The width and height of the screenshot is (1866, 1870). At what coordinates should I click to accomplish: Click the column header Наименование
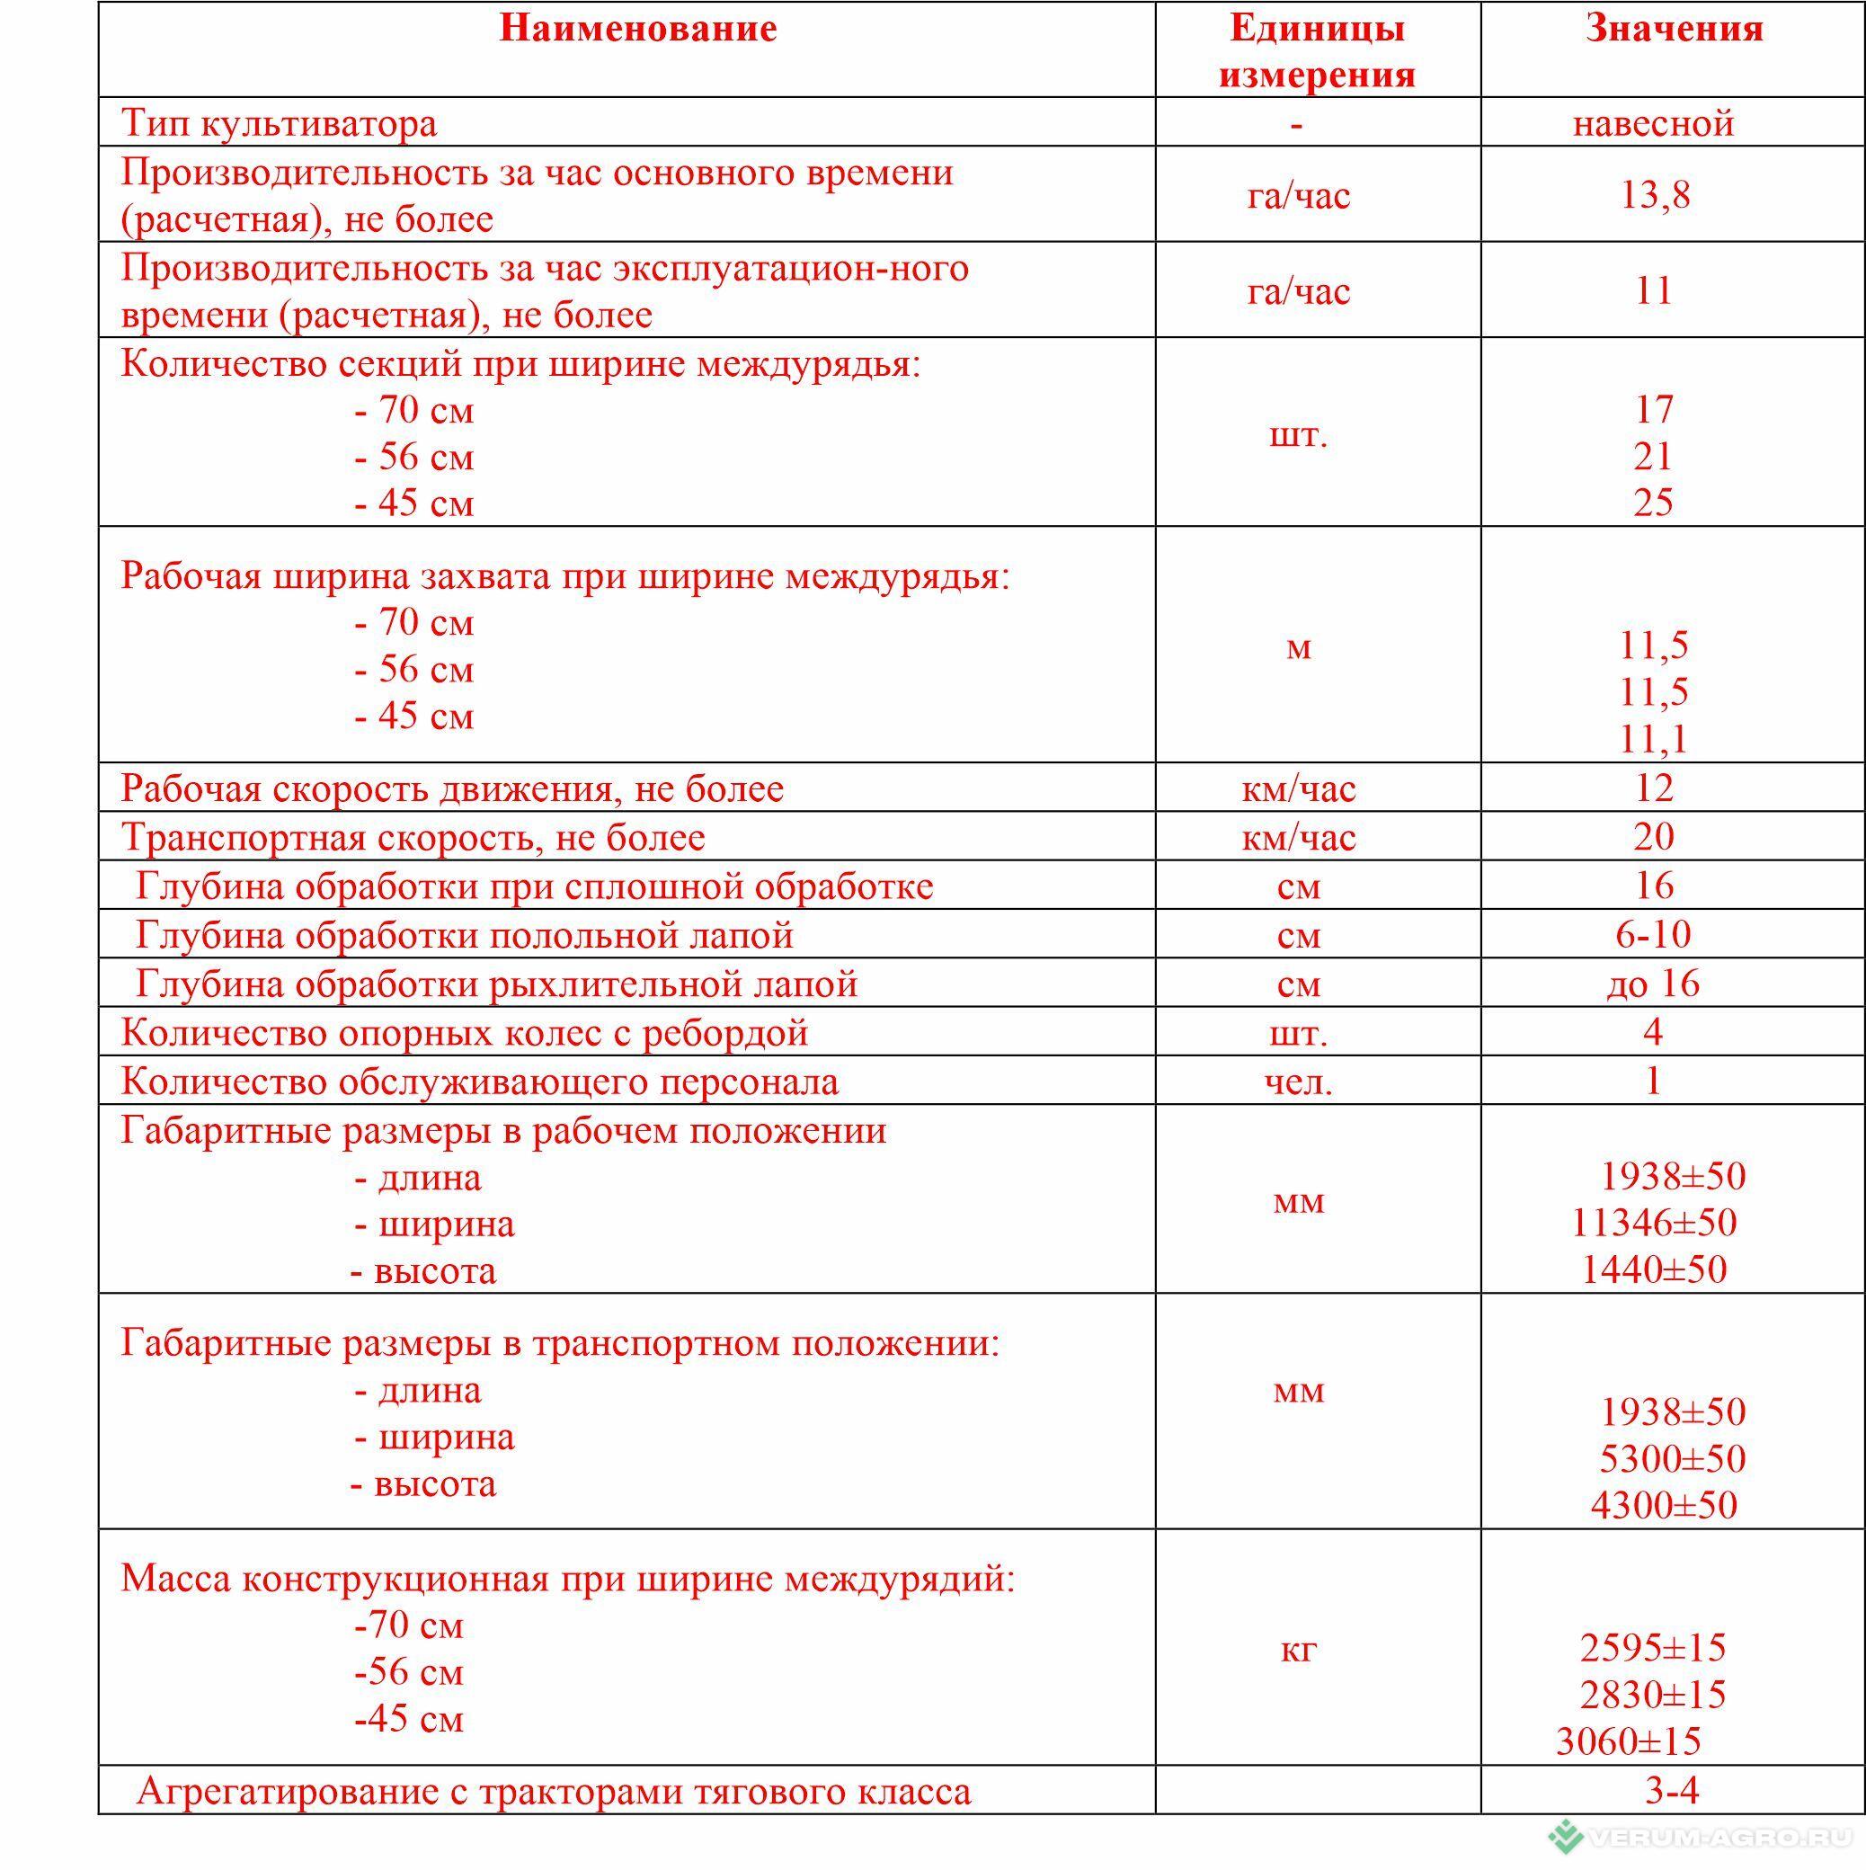pos(637,29)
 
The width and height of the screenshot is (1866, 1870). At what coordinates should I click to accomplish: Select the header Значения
pos(1674,29)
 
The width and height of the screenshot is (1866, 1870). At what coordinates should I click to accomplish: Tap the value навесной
pos(1653,123)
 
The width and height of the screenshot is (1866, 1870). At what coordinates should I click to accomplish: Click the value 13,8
pos(1655,194)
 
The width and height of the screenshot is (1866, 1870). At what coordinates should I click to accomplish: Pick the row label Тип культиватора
pos(279,123)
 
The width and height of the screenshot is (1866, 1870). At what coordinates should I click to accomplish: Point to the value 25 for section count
pos(1653,503)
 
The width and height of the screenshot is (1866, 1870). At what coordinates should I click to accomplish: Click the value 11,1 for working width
pos(1654,738)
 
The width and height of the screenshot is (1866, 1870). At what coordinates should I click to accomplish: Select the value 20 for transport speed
pos(1653,836)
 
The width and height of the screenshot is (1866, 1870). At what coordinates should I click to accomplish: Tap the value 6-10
pos(1653,934)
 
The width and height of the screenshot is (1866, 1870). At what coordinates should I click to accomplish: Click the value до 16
pos(1653,984)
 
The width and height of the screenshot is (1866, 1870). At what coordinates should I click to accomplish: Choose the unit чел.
pos(1299,1082)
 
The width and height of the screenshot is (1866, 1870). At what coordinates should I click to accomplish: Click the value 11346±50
pos(1653,1223)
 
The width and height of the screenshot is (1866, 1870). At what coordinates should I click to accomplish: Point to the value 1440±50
pos(1653,1269)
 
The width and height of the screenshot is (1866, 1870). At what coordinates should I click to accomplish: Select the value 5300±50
pos(1673,1458)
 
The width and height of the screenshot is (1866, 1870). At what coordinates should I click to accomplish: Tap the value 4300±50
pos(1664,1505)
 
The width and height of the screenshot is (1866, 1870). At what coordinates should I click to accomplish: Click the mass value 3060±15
pos(1628,1741)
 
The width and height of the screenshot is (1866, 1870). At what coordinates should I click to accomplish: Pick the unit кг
pos(1299,1648)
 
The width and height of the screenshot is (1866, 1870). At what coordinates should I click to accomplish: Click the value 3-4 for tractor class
pos(1672,1791)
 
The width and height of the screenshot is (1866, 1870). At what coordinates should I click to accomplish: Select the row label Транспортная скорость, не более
pos(413,837)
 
